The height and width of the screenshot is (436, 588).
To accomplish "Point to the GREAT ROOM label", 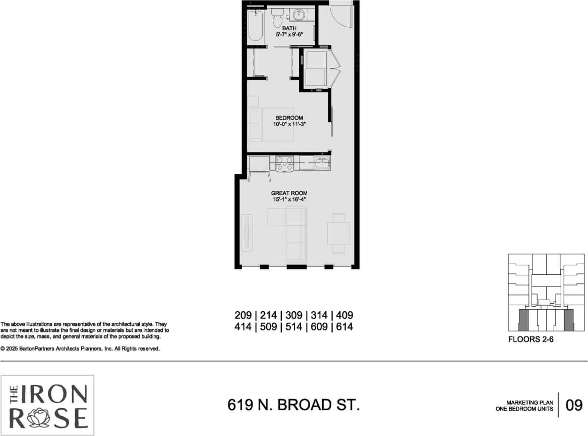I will (289, 193).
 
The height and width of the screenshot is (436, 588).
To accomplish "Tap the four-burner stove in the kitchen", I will (285, 164).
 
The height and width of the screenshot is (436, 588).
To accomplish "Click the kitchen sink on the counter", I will (322, 162).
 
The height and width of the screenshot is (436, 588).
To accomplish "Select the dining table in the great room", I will (338, 233).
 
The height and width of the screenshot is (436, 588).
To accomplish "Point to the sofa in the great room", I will (296, 233).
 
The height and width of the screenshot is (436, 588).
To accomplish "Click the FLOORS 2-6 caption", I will (531, 340).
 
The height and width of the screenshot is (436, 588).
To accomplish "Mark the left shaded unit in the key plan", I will (523, 319).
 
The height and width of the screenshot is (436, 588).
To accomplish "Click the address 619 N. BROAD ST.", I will (293, 405).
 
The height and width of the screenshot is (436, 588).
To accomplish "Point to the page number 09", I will (574, 405).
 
